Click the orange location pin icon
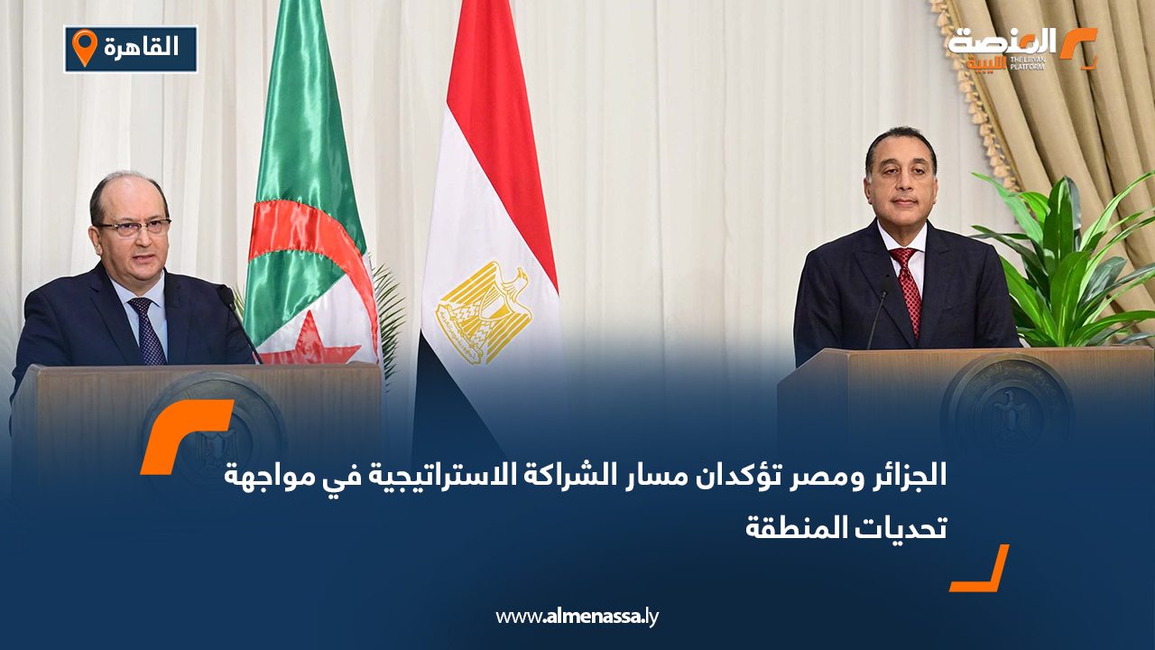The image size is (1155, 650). coord(84,47)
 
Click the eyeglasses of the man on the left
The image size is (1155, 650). coord(136,227)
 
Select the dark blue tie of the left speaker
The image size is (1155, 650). coord(146,330)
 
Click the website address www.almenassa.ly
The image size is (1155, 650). coord(577,617)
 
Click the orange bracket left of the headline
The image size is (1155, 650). coord(186,435)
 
